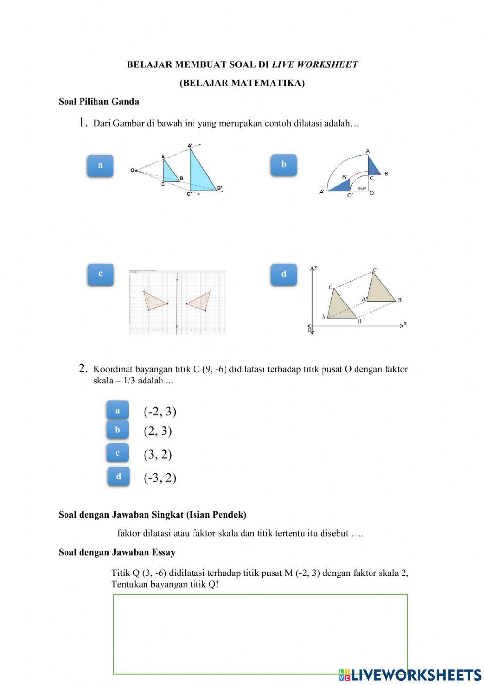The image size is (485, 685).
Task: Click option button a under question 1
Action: pos(100,165)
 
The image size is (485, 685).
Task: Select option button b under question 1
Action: pos(283,165)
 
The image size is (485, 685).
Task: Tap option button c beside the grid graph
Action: pos(100,274)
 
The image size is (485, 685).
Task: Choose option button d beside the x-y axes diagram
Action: pos(283,274)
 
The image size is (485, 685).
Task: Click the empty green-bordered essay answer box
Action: pos(260,634)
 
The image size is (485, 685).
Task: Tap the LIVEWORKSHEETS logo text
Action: pos(416,674)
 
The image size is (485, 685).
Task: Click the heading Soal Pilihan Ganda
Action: pos(99,102)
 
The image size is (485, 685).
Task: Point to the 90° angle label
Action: pos(361,188)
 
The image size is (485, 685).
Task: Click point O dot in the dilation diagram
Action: pos(136,170)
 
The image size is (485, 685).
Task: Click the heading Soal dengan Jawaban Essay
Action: pos(117,552)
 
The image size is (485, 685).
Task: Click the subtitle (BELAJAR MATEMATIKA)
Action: pos(242,83)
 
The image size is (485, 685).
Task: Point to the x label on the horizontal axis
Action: pos(405,323)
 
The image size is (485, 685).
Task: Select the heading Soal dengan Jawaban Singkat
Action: pos(152,515)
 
